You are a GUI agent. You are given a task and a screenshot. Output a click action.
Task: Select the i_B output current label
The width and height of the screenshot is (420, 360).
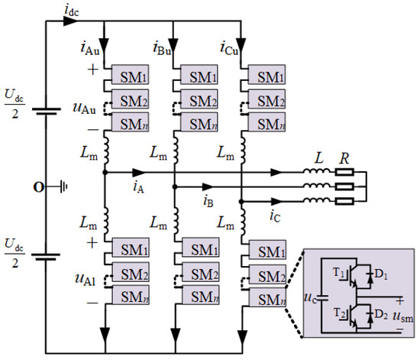tap(208, 198)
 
